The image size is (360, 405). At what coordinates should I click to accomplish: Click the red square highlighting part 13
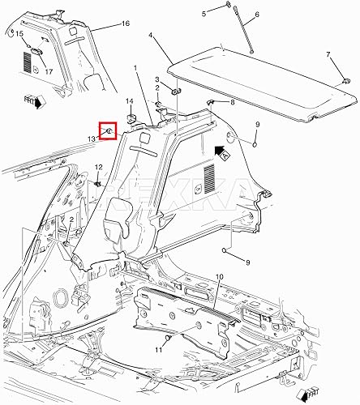108,130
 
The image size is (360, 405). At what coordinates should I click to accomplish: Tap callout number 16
125,25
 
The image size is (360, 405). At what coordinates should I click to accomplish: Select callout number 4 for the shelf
151,36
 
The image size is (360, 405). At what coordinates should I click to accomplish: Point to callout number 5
205,14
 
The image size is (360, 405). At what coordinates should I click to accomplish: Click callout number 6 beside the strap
257,16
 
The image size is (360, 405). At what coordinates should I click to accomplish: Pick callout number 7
328,55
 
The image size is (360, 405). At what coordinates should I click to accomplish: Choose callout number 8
233,102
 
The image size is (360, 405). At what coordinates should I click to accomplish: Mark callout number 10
218,277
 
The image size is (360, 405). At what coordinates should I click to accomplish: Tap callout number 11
159,349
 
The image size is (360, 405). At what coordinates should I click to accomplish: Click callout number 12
98,167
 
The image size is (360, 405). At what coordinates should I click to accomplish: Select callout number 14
128,101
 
